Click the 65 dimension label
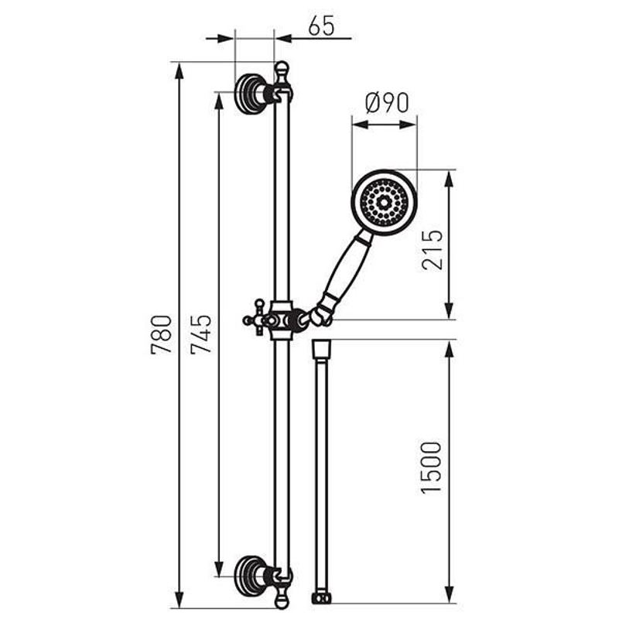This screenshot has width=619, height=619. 321,26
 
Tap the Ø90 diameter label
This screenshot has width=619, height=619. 386,103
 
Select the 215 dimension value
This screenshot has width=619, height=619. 432,250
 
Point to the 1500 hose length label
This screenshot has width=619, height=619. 431,467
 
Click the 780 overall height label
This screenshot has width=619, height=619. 162,334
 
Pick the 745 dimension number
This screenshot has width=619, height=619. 201,334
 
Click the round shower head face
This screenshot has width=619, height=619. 384,203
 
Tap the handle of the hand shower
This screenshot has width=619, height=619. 347,272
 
